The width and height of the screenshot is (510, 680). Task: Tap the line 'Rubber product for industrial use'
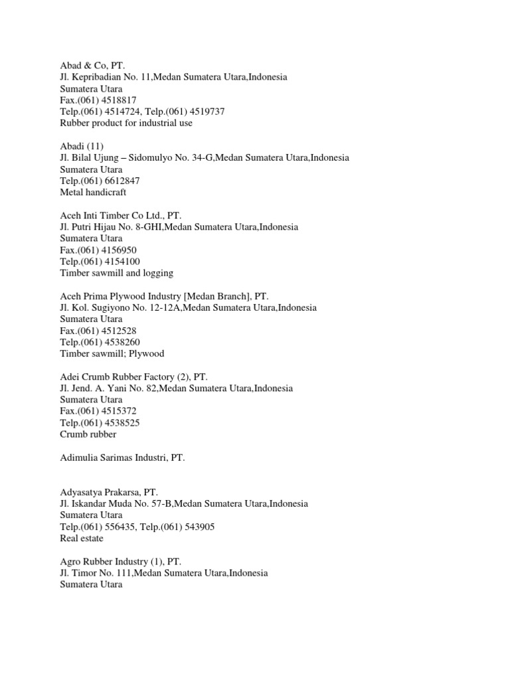point(126,123)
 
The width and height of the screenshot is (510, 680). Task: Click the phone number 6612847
point(123,181)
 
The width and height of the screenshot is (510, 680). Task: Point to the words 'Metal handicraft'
point(92,192)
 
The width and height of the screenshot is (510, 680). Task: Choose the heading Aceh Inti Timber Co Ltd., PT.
point(120,215)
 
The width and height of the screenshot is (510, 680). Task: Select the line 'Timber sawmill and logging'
point(117,272)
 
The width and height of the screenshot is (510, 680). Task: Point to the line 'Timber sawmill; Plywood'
point(112,353)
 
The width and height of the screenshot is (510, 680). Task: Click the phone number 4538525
point(123,422)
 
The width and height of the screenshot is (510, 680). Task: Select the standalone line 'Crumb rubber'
point(88,434)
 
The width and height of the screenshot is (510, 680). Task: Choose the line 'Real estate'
point(82,539)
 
